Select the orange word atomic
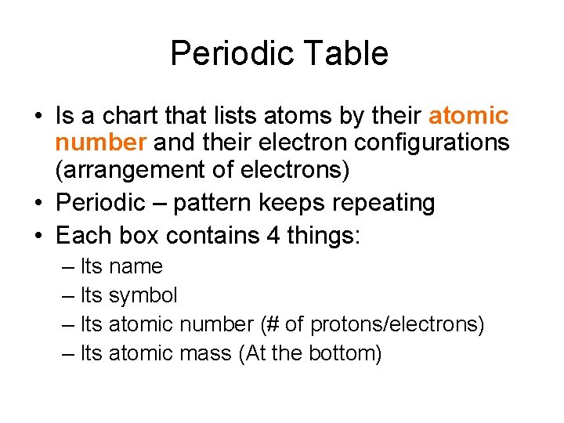(468, 117)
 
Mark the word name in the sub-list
(136, 266)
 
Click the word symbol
(143, 295)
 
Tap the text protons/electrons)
(399, 324)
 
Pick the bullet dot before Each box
(37, 235)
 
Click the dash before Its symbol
(68, 295)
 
